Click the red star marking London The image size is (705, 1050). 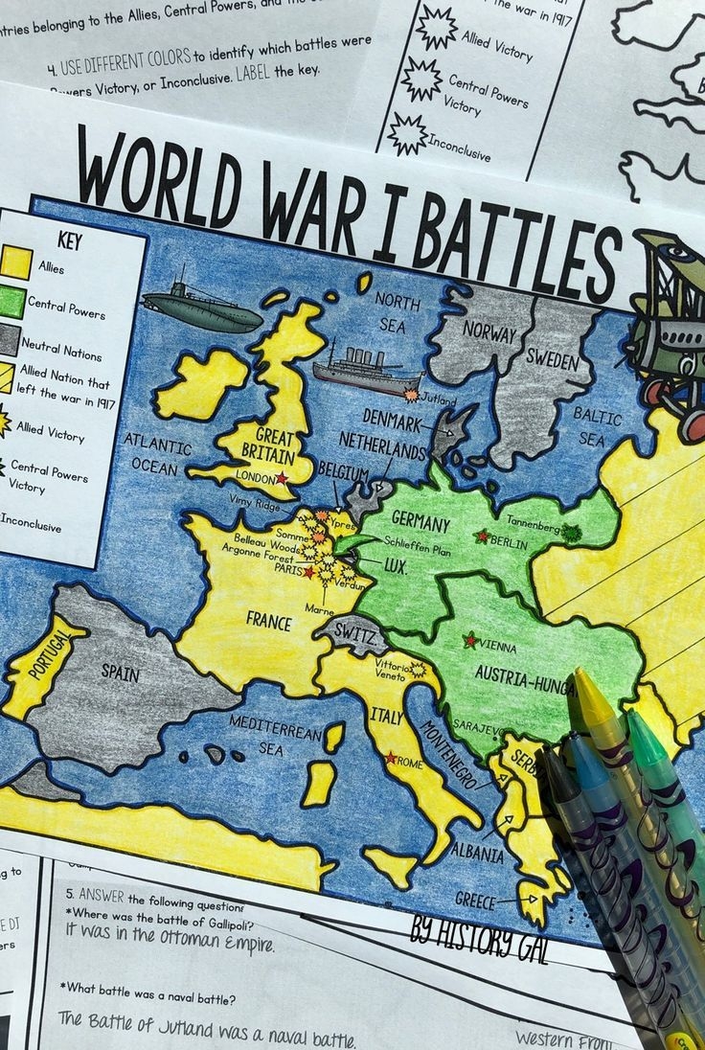[282, 477]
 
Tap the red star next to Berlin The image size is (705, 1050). [482, 536]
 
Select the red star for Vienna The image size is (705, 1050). [470, 640]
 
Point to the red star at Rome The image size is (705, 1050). [390, 758]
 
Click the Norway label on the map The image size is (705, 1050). [489, 331]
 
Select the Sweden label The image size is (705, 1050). [553, 360]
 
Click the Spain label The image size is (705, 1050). [121, 673]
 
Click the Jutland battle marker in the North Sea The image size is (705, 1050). [413, 395]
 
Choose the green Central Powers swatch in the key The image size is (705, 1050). [11, 302]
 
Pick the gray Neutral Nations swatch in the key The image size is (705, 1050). [9, 339]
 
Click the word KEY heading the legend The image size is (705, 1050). [70, 241]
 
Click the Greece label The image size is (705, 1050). [476, 899]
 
